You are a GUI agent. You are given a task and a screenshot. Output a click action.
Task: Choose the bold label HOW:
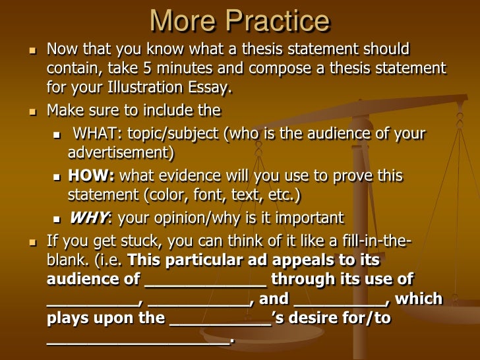click(x=92, y=176)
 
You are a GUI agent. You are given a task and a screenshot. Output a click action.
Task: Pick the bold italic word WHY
click(x=88, y=218)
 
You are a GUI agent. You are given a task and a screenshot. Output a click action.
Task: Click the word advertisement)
click(x=121, y=153)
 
